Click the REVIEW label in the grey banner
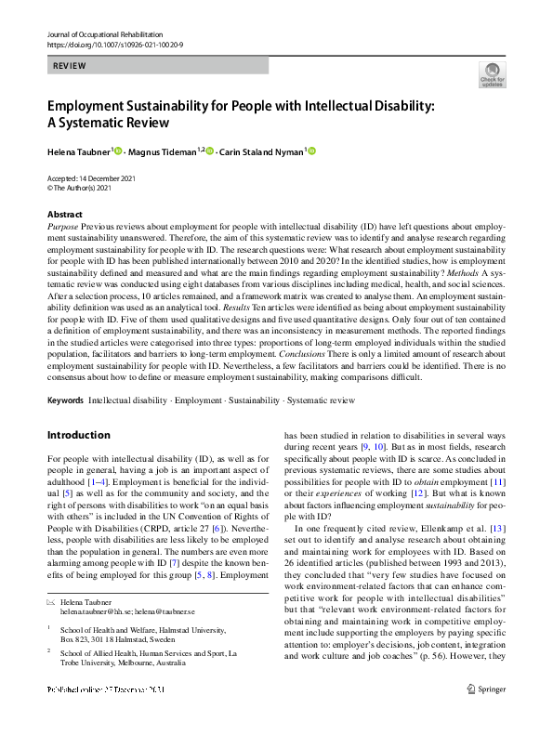71,66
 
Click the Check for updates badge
492,73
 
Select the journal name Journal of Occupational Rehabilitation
105,33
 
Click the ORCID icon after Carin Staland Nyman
312,151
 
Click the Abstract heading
64,215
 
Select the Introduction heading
78,435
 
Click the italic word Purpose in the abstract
62,227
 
